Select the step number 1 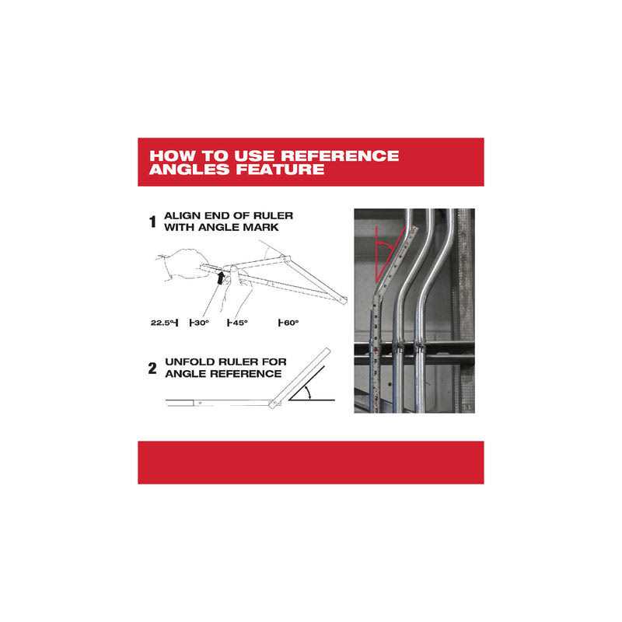click(152, 222)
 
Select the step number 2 click(152, 369)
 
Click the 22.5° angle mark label click(164, 323)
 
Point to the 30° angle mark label click(200, 323)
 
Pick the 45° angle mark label click(238, 323)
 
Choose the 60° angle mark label click(288, 323)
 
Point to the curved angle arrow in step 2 click(309, 393)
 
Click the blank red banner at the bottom click(310, 463)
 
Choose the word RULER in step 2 click(237, 362)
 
